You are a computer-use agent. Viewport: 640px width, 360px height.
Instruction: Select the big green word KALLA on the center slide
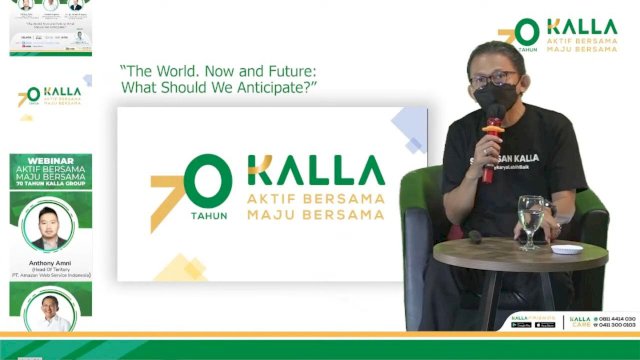(316, 171)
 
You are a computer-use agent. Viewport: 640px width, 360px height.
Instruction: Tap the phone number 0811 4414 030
(616, 318)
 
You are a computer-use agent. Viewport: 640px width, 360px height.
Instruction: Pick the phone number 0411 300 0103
(616, 325)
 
